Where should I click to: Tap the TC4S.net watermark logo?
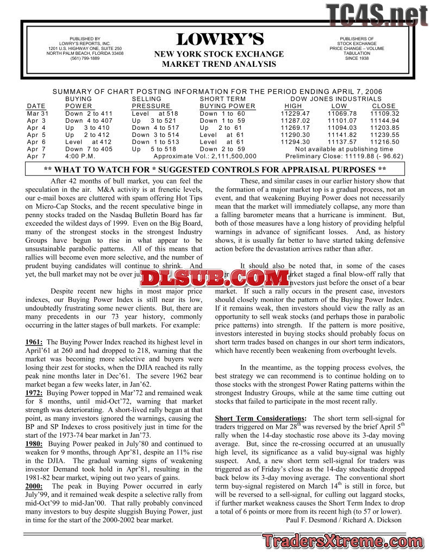click(376, 15)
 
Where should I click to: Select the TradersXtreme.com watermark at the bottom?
click(343, 541)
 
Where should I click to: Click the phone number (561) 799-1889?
click(85, 59)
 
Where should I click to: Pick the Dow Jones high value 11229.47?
click(295, 113)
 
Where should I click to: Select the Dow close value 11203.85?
click(385, 128)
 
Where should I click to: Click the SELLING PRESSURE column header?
click(151, 103)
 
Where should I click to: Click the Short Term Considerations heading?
click(260, 419)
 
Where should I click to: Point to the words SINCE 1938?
click(357, 58)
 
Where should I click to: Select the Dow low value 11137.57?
click(341, 142)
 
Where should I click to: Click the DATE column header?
click(36, 106)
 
